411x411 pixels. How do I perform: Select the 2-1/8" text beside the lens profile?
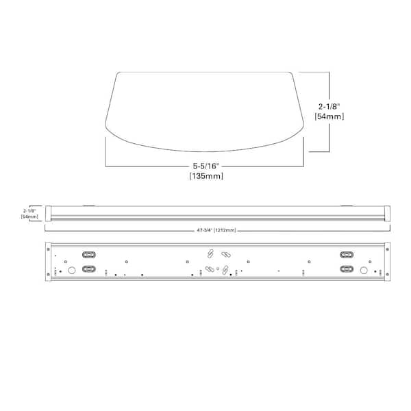click(x=329, y=105)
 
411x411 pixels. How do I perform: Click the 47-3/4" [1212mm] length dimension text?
click(x=216, y=231)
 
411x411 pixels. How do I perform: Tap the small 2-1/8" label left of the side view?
click(x=29, y=210)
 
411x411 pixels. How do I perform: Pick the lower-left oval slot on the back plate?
click(x=88, y=270)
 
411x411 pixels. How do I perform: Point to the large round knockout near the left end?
click(x=71, y=271)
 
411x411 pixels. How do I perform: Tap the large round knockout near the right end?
click(x=364, y=271)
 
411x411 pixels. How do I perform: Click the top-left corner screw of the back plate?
click(x=47, y=245)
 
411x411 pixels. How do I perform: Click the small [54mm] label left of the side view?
click(x=29, y=216)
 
